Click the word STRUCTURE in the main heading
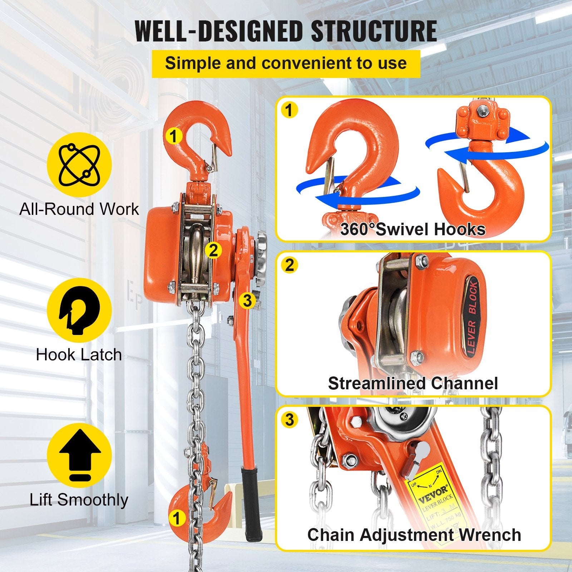tap(373, 31)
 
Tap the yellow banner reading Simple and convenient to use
tap(286, 63)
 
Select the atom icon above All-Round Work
tap(79, 164)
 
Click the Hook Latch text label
tap(79, 355)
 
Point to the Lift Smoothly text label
tap(79, 500)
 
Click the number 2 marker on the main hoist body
tap(213, 250)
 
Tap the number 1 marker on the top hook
tap(174, 136)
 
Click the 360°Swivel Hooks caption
tap(413, 229)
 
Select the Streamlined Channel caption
tap(413, 383)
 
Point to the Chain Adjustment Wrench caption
tap(414, 535)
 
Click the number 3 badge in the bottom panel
tap(290, 420)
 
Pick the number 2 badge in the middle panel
tap(290, 265)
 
